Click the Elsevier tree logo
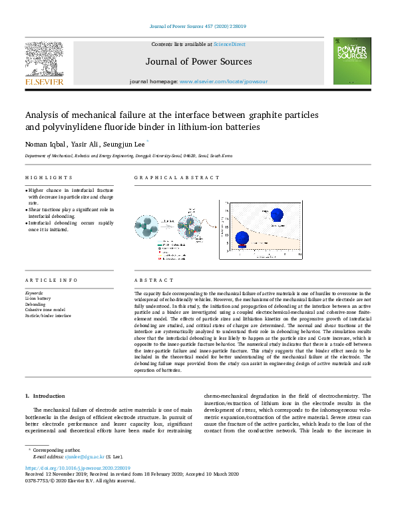pos(44,59)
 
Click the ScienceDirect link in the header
pos(229,44)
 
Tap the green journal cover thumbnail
pos(352,61)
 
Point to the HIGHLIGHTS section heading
pos(49,178)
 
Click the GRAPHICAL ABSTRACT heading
pos(176,178)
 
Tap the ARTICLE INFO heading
pos(51,280)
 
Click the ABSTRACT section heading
pos(154,280)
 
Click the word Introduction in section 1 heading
pos(49,396)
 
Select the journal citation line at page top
pos(198,27)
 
